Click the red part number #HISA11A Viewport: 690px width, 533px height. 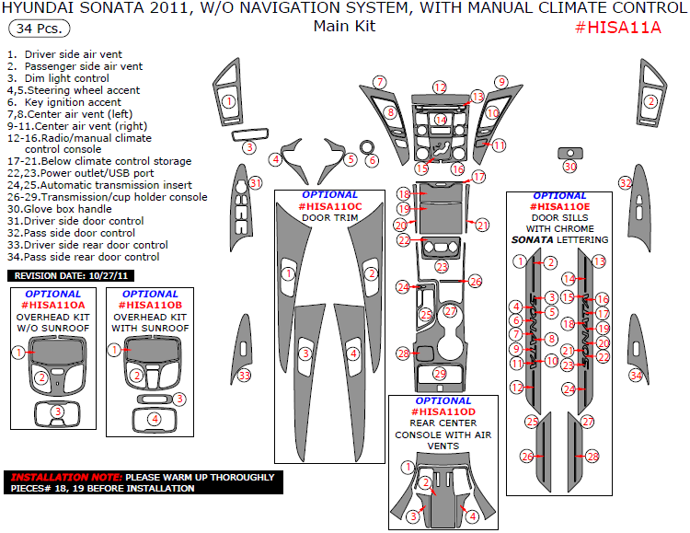tap(618, 27)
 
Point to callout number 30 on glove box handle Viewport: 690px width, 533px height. tap(569, 167)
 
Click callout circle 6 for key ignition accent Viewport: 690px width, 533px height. tap(372, 160)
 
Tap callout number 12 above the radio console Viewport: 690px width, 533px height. tap(440, 87)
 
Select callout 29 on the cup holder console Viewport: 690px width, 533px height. tap(440, 373)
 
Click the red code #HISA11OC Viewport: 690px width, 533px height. tap(329, 206)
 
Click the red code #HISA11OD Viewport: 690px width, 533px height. tap(443, 411)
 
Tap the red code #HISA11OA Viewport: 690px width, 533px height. tap(52, 305)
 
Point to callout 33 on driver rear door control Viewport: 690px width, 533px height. tap(244, 375)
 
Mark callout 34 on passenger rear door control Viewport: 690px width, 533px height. tap(636, 375)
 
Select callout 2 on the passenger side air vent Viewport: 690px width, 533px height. tap(650, 101)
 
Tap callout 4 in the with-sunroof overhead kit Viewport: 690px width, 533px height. tap(155, 419)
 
